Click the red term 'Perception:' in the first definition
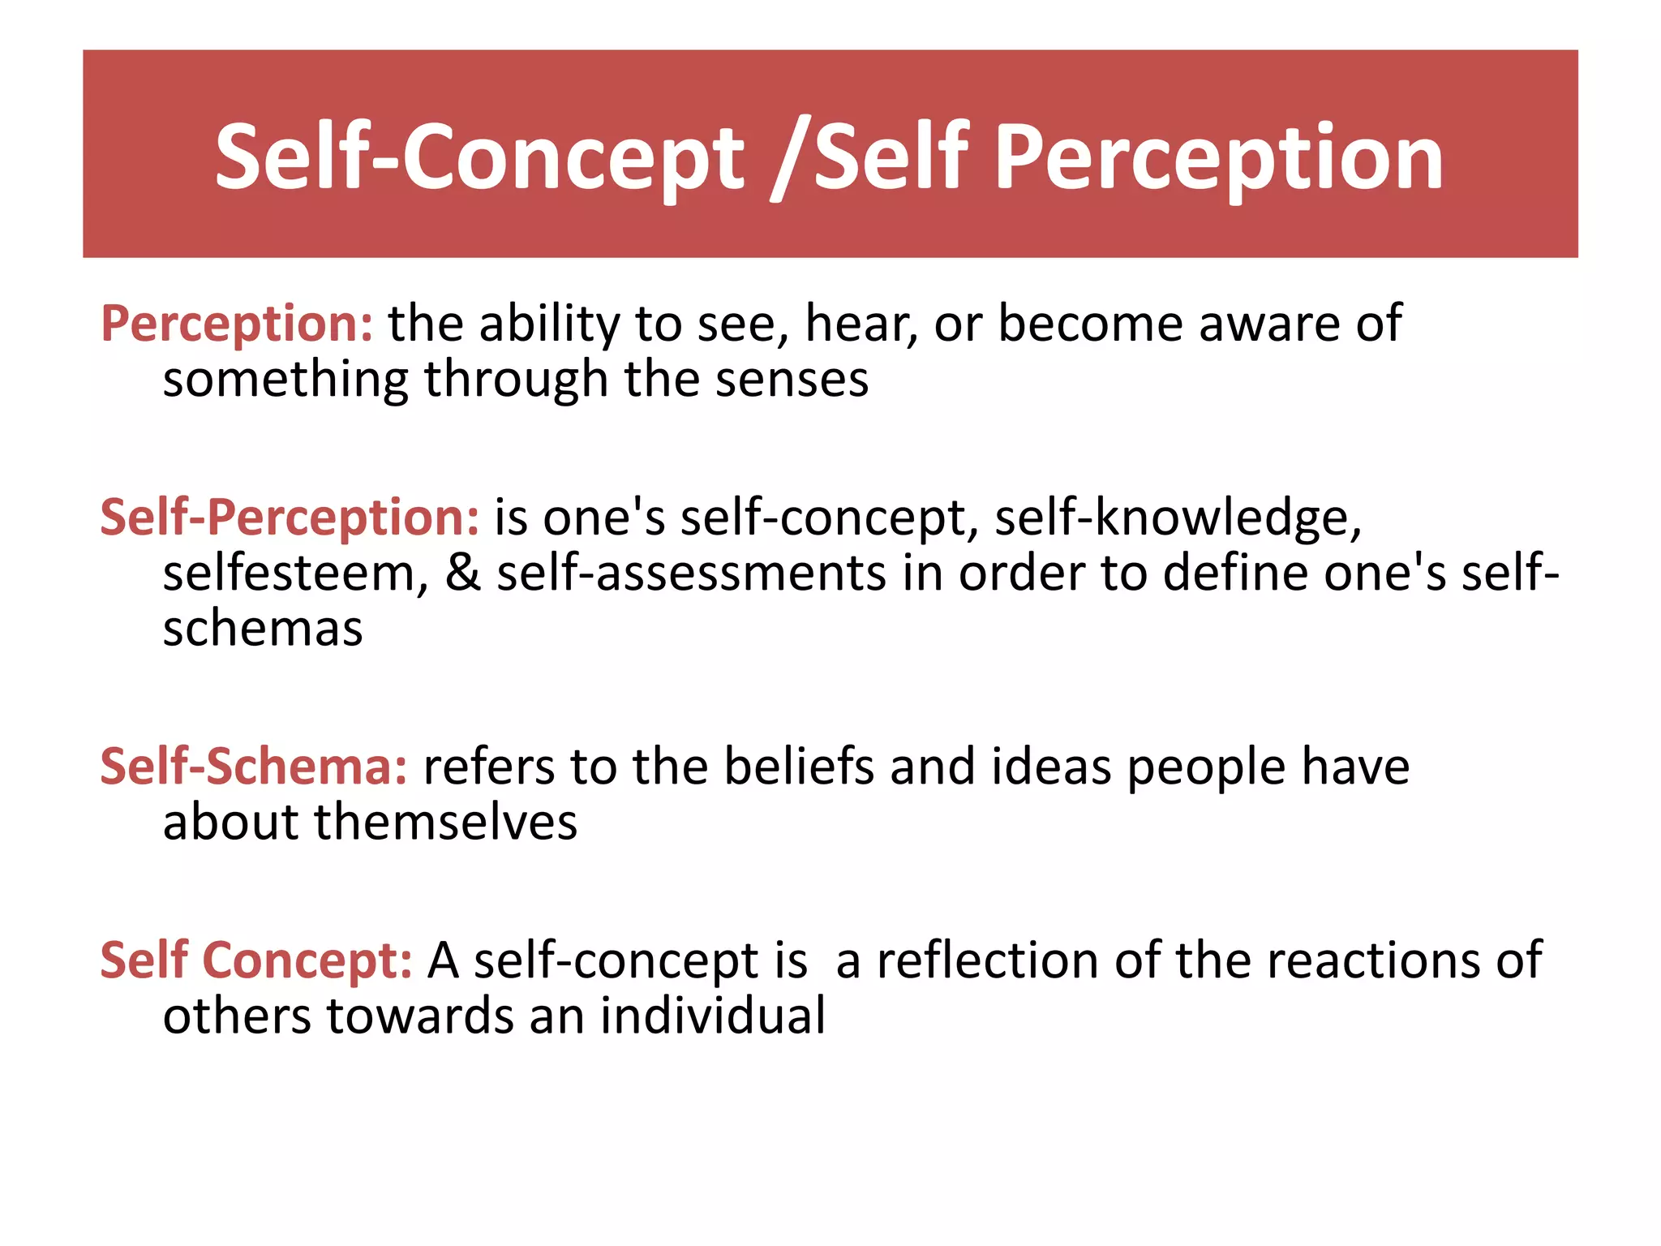pos(237,324)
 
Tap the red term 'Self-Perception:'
pos(290,518)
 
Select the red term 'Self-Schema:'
pos(253,767)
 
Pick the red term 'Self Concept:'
pos(256,960)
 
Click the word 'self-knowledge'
pos(1177,518)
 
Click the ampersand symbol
pos(462,573)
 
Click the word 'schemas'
pos(263,629)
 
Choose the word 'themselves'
pos(445,822)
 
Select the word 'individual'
pos(713,1016)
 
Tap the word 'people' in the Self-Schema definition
pos(1206,767)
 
